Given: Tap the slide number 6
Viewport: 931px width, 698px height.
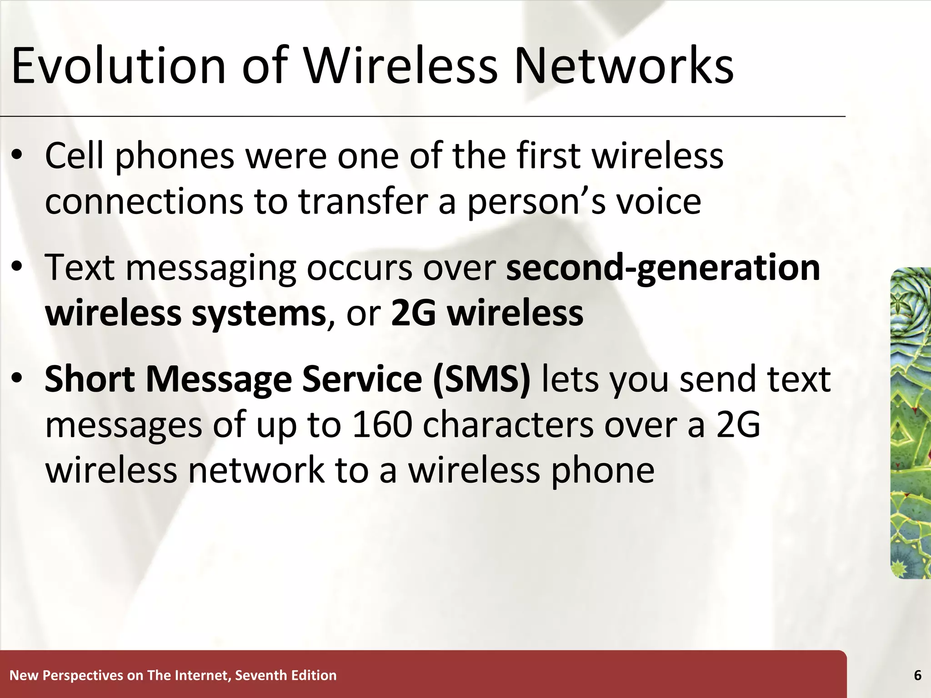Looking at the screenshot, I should tap(917, 676).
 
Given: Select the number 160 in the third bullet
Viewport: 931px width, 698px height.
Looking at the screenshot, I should tap(382, 425).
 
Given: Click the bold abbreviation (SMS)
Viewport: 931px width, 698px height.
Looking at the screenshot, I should tap(481, 380).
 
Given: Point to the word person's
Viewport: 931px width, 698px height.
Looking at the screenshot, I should tap(536, 202).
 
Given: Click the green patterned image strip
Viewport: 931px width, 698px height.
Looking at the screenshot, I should tap(910, 423).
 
